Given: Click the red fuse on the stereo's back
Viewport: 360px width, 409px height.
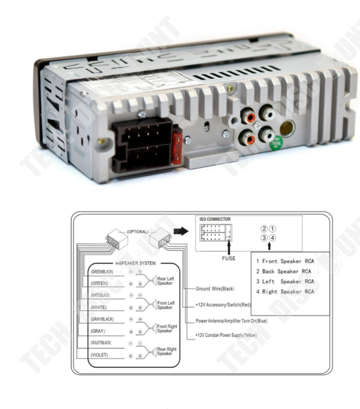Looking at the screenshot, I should [x=176, y=148].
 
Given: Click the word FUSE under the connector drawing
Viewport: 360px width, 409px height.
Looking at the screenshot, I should [x=228, y=258].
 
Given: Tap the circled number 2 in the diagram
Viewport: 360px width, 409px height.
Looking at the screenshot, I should [x=264, y=228].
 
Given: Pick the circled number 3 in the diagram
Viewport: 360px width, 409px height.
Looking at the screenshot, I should [x=264, y=237].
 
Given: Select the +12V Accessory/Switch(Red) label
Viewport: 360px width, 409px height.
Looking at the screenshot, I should [x=223, y=304].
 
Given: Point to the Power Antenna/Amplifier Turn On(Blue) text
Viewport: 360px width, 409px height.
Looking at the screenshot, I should [x=231, y=320].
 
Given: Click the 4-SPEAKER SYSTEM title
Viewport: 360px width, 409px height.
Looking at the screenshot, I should [x=135, y=263].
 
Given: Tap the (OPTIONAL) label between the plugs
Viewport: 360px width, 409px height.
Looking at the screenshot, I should [x=137, y=232].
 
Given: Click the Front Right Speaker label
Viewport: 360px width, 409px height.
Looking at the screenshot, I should [x=167, y=328].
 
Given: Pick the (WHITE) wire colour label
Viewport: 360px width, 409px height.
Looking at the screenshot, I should [x=99, y=307].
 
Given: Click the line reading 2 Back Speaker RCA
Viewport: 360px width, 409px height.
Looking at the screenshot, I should [x=284, y=271].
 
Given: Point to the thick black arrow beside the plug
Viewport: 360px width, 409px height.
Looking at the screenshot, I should [x=180, y=231].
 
